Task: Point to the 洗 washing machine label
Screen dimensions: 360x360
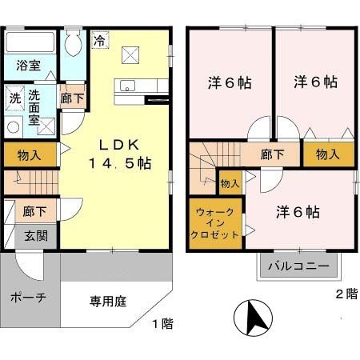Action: coord(14,98)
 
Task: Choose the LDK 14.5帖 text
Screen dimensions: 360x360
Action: coord(120,154)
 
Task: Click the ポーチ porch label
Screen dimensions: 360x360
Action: coord(29,297)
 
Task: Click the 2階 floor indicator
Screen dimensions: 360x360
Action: coord(346,294)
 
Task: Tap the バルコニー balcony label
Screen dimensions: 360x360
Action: coord(298,266)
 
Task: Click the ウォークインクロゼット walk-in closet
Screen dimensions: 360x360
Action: coord(214,225)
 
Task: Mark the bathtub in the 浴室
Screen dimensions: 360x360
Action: coord(30,42)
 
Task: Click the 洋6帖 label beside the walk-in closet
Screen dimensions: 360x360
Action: coord(298,212)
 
